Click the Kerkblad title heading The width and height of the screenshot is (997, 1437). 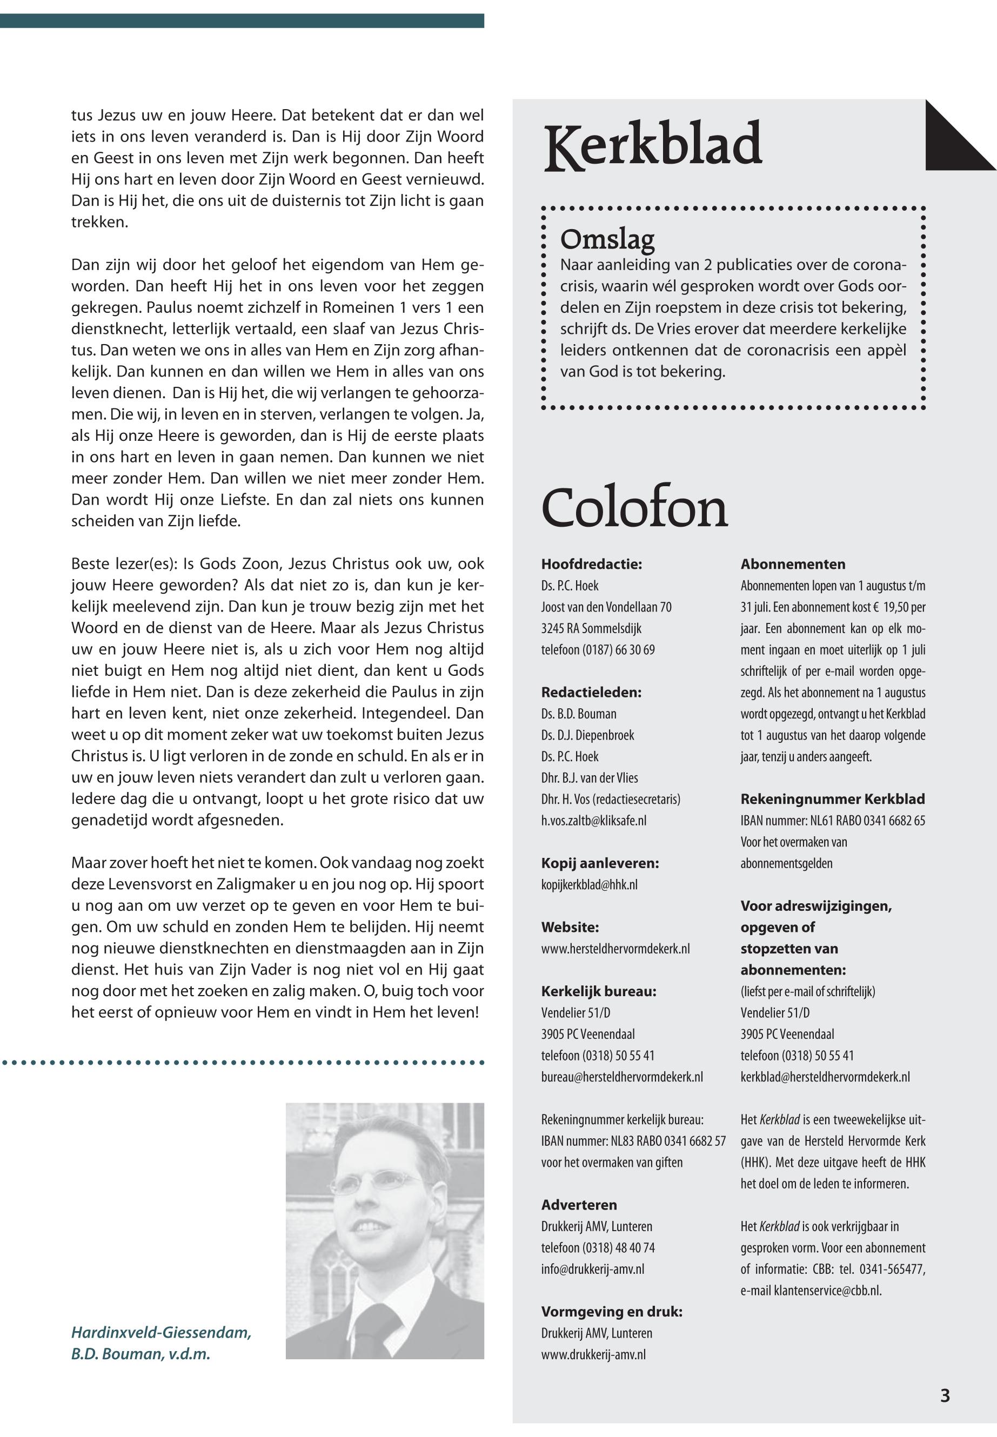653,145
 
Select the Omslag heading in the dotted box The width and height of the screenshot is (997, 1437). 607,239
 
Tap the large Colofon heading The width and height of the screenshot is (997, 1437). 634,507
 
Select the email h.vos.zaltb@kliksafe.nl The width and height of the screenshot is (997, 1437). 593,821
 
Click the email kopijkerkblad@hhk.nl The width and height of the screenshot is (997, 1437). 589,885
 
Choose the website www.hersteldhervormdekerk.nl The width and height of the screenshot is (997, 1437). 615,949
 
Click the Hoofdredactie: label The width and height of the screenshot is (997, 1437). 592,565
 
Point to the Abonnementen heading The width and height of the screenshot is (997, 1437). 793,565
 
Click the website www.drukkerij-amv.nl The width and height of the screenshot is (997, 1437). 593,1354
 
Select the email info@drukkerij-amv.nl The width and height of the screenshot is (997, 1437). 592,1269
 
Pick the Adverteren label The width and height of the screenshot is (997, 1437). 578,1205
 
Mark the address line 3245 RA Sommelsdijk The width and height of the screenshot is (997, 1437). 591,628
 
